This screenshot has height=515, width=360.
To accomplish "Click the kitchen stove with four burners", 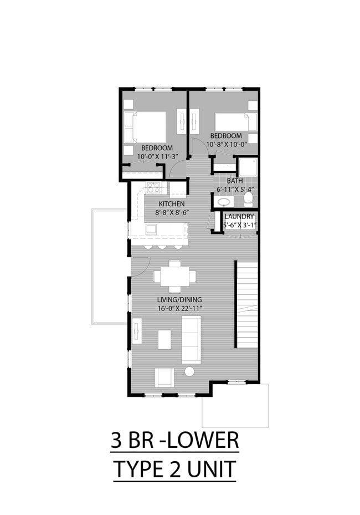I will click(153, 187).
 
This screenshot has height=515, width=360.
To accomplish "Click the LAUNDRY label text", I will click(239, 216).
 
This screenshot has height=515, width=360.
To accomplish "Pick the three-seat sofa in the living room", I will click(191, 340).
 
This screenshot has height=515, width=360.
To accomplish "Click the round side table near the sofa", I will click(189, 371).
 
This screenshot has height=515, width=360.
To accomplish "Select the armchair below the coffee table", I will click(164, 377).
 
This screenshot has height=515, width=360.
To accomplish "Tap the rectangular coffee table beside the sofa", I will click(164, 339).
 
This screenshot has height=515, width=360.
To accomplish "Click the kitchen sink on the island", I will click(151, 229).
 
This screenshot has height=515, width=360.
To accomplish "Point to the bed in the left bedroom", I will click(145, 127).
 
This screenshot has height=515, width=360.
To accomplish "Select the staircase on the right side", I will click(247, 305).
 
